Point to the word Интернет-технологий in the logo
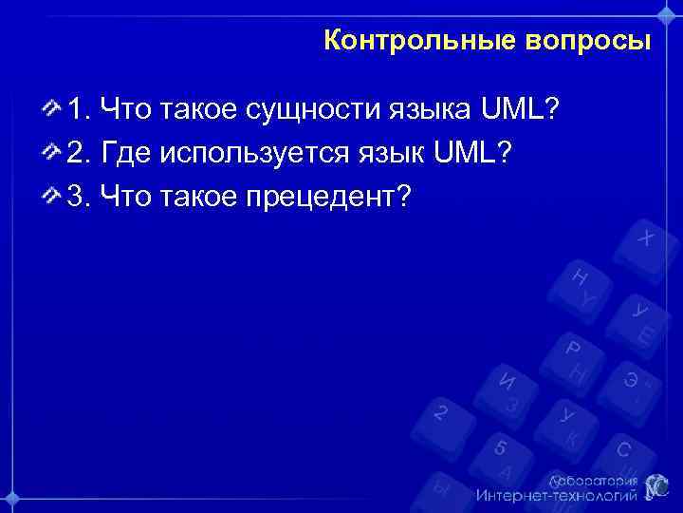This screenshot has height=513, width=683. (557, 496)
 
